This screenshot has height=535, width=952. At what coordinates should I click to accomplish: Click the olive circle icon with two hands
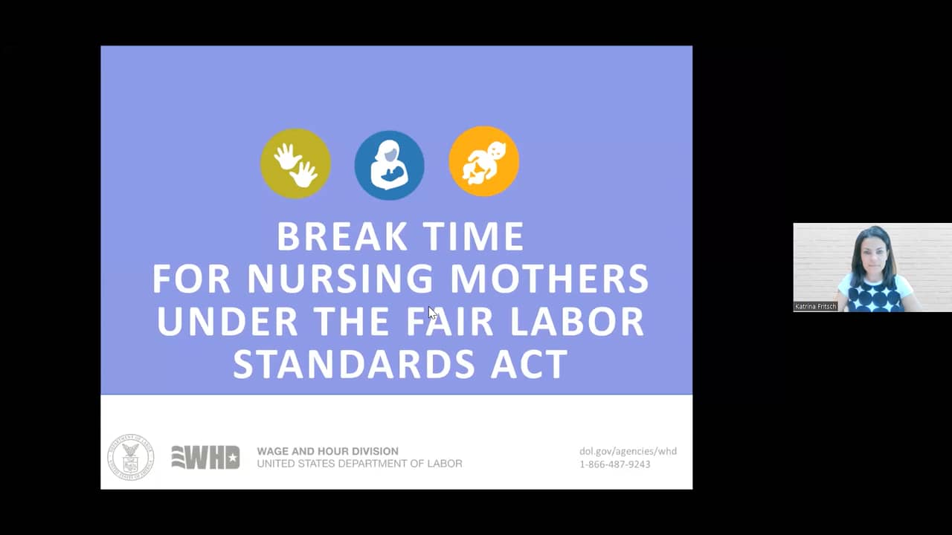coord(295,163)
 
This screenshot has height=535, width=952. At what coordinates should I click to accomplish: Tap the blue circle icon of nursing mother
coord(389,165)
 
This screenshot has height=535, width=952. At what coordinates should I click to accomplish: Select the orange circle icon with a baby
coord(483,161)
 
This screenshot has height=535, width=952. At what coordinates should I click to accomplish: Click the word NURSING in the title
coord(340,279)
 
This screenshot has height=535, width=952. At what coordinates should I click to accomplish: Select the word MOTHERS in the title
coord(550,279)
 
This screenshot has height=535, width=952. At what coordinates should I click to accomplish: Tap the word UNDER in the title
coord(228,322)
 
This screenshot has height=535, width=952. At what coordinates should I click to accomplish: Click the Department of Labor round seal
coord(131,457)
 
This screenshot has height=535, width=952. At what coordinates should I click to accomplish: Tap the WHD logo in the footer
coord(205,457)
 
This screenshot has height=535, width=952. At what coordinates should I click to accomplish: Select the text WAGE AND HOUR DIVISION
coord(327,451)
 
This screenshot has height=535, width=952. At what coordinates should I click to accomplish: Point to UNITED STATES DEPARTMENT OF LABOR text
coord(359,464)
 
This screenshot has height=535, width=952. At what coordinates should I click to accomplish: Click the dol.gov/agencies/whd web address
coord(628,451)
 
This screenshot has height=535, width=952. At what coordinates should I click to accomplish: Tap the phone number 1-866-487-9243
coord(614,464)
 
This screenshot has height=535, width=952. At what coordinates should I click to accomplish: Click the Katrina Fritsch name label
coord(816,306)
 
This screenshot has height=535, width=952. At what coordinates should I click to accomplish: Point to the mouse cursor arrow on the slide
coord(432,313)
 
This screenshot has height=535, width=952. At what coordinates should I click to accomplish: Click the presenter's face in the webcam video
coord(873,255)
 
